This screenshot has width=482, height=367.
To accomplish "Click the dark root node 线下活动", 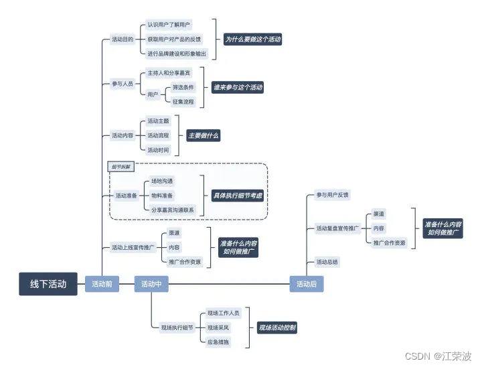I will [48, 284].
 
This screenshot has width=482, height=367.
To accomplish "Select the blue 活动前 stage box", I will [102, 284].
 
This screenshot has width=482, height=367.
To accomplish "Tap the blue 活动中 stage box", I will [151, 284].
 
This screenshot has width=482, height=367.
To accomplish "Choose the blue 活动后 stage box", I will [307, 284].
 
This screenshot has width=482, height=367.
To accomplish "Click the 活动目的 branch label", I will [123, 40].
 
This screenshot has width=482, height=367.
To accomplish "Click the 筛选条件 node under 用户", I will [183, 87].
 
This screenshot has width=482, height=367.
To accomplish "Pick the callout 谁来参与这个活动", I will [238, 87].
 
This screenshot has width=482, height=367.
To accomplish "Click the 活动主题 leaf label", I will [159, 121].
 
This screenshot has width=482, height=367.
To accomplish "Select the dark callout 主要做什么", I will [203, 135].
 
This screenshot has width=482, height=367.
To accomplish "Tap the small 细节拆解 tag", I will [120, 165].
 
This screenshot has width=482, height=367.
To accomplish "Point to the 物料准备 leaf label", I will [162, 196].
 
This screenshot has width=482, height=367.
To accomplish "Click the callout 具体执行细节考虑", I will [238, 196].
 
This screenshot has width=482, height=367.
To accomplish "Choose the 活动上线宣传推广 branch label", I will [133, 247].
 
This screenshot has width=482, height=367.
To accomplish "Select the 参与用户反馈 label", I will [333, 195].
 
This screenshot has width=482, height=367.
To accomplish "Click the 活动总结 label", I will [327, 262].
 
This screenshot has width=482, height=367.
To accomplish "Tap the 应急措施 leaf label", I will [218, 342].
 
